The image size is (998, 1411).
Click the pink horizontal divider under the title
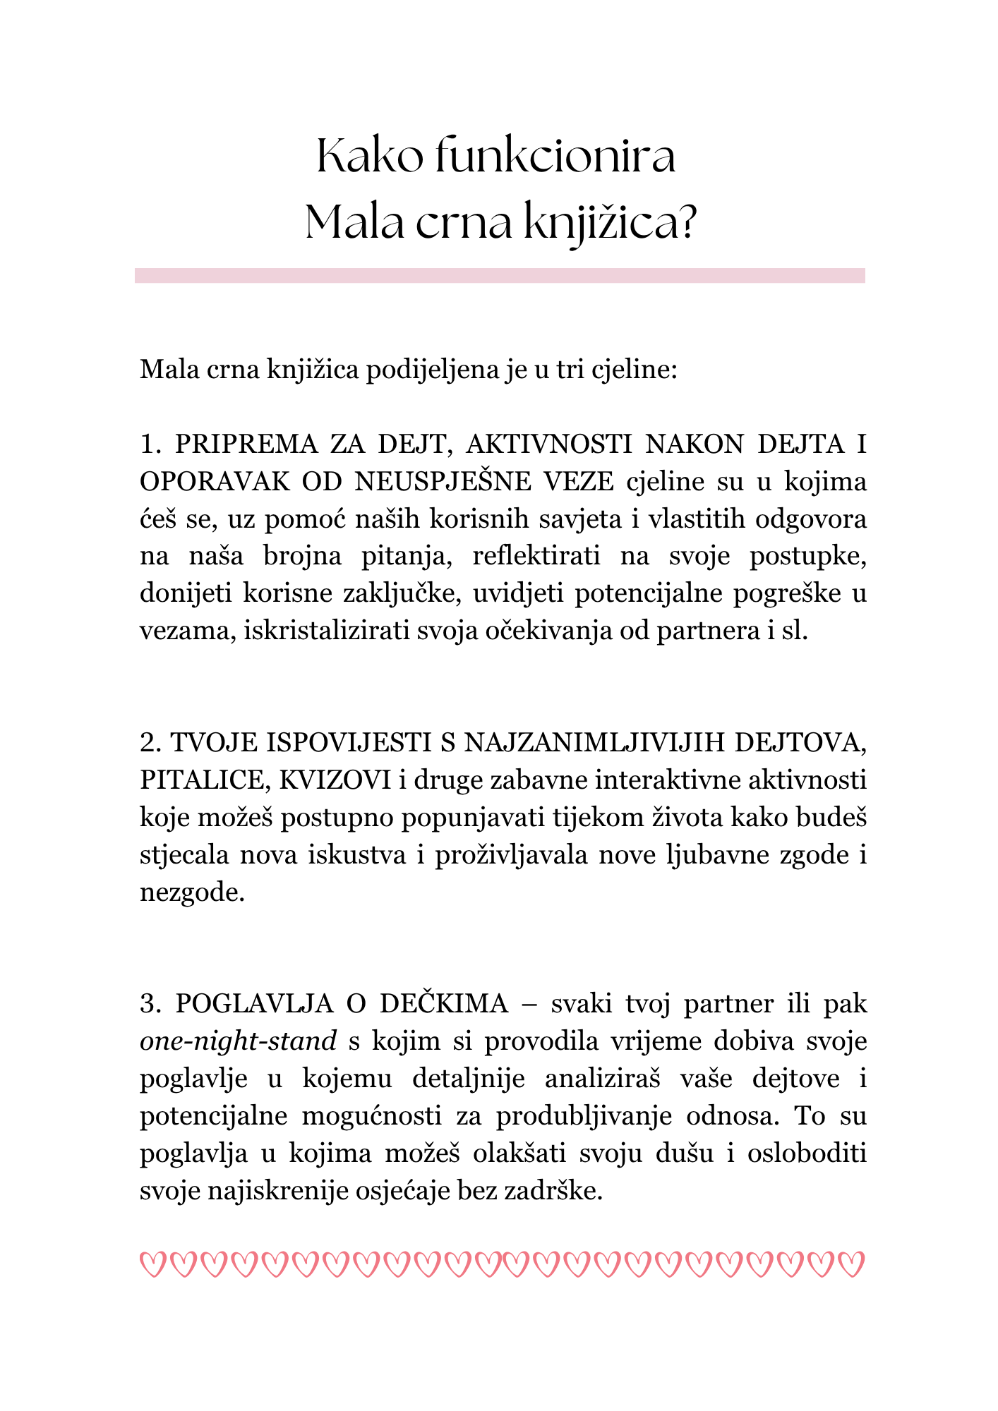pyautogui.click(x=500, y=275)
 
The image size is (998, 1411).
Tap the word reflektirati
pyautogui.click(x=536, y=556)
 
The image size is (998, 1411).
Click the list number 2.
pyautogui.click(x=149, y=743)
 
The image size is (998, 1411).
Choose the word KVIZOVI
pyautogui.click(x=335, y=780)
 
